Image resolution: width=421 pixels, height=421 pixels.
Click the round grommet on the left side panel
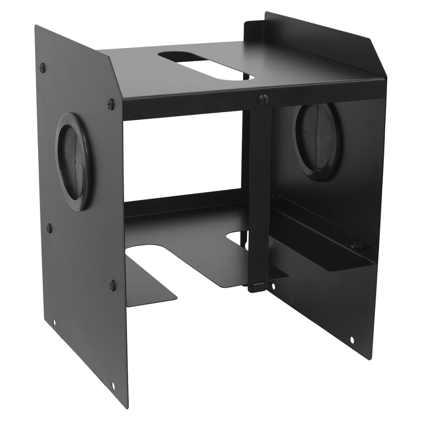74,162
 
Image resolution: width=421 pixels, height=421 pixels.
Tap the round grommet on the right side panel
317,142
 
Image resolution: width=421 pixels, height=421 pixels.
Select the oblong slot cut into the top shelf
206,65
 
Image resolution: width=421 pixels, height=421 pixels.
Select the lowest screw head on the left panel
111,283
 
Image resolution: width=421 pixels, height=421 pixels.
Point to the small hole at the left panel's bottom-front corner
113,386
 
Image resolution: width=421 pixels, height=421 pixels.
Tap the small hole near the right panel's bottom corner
352,339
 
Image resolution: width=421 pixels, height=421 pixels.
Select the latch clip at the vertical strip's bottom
256,286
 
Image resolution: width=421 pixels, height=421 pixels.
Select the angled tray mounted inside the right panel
325,243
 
